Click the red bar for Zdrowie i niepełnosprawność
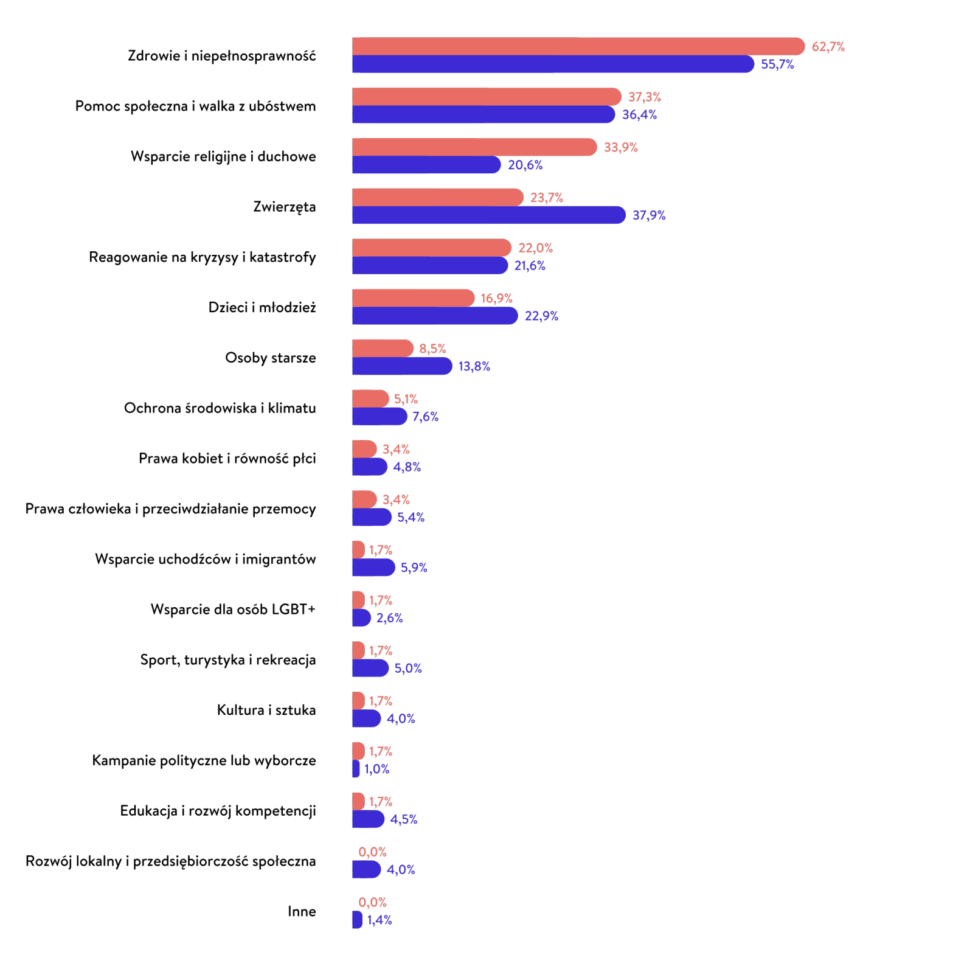(x=578, y=46)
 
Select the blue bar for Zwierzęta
(x=488, y=215)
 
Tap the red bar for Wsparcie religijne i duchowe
(x=474, y=147)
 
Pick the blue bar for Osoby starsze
(x=401, y=366)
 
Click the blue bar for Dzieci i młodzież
(x=435, y=316)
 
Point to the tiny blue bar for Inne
(x=357, y=920)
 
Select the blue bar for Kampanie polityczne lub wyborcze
(x=356, y=769)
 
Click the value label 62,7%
(x=828, y=47)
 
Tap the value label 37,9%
(x=649, y=215)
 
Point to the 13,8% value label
(x=474, y=366)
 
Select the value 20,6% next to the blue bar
(x=525, y=165)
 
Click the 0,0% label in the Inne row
(x=372, y=902)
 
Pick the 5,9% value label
(x=414, y=568)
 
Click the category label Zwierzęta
(x=284, y=207)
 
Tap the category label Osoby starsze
(x=270, y=358)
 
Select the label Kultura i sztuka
(x=266, y=710)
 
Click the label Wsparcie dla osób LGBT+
(x=233, y=610)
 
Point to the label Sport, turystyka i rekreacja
(x=227, y=660)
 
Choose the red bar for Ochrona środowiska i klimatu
(x=370, y=399)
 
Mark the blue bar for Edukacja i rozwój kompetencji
(x=368, y=819)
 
